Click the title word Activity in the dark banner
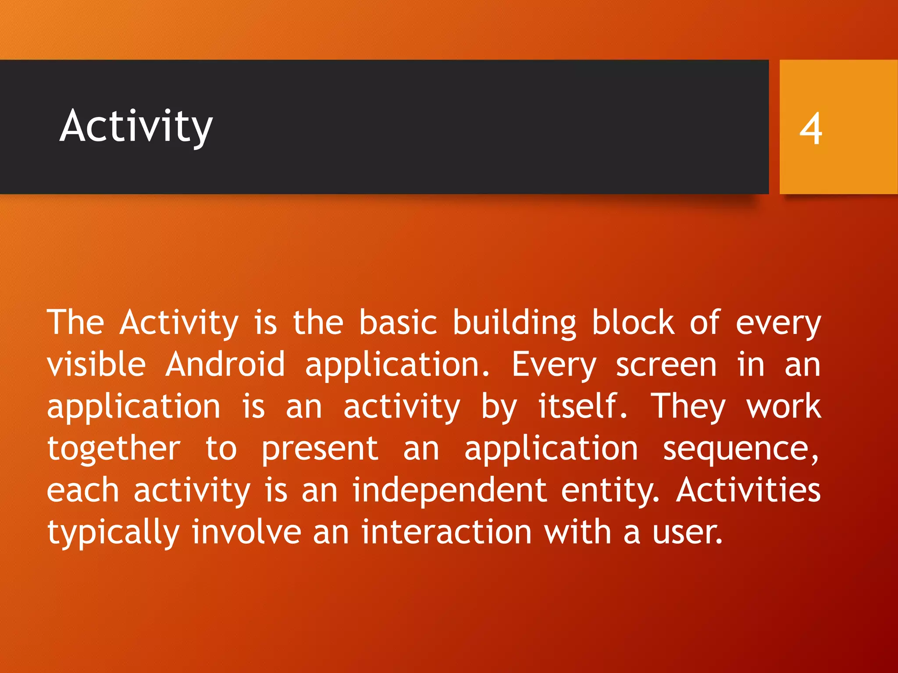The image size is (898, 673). coord(136,127)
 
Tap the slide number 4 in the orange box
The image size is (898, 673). coord(810,128)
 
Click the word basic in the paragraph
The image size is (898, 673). coord(398,323)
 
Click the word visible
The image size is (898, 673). coord(96,365)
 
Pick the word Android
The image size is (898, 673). coord(225,365)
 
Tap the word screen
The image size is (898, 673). coord(666,365)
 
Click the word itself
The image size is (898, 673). coord(582,407)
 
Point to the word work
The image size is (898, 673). coord(783,407)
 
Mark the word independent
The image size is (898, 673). coord(449,490)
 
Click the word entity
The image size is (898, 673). coord(609,491)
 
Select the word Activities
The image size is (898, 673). coord(748,490)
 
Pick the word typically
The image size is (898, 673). coord(113,533)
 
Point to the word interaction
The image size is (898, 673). coord(446,532)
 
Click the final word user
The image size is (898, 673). coord(687,533)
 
